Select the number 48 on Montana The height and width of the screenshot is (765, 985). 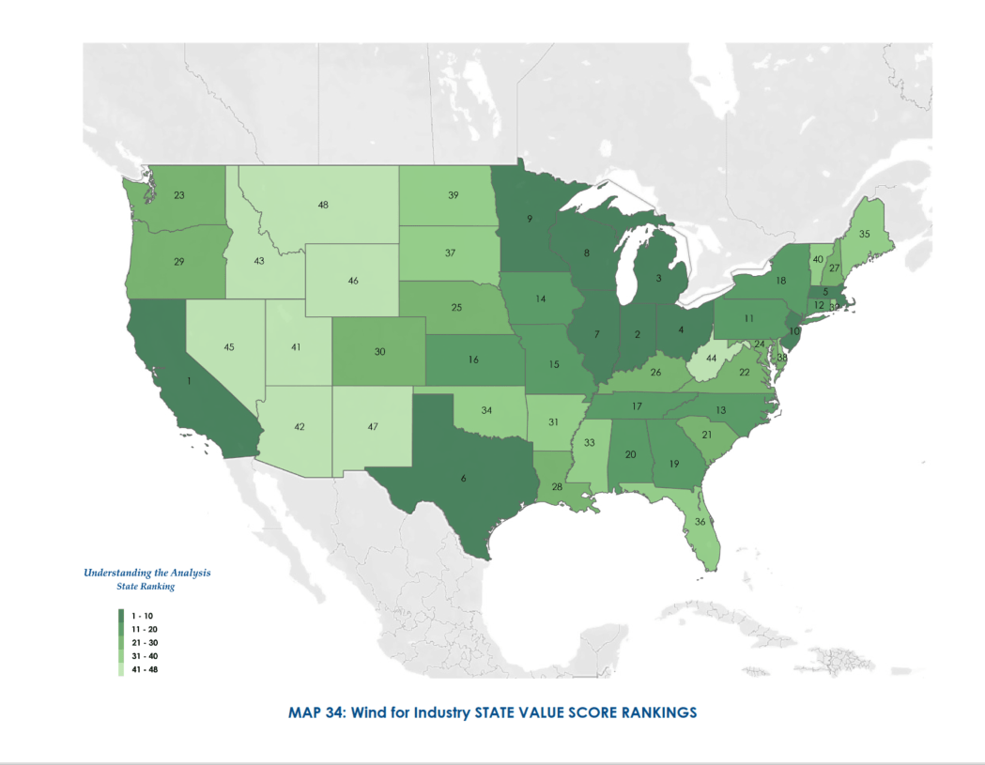point(322,204)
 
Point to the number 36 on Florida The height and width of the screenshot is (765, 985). point(700,521)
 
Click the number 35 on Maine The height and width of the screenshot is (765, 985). point(865,234)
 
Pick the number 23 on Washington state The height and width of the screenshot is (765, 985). point(178,196)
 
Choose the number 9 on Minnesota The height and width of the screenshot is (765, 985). point(530,220)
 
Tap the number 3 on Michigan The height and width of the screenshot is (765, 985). point(658,279)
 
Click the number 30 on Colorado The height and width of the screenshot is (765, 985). point(379,352)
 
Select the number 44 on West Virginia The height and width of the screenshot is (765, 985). point(711,359)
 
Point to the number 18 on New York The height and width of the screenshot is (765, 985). point(780,281)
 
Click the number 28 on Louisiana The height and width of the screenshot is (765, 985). point(557,487)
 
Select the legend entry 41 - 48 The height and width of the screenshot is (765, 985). point(144,669)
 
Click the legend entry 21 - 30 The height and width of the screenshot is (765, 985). point(144,642)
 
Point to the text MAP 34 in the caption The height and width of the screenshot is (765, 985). point(315,712)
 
